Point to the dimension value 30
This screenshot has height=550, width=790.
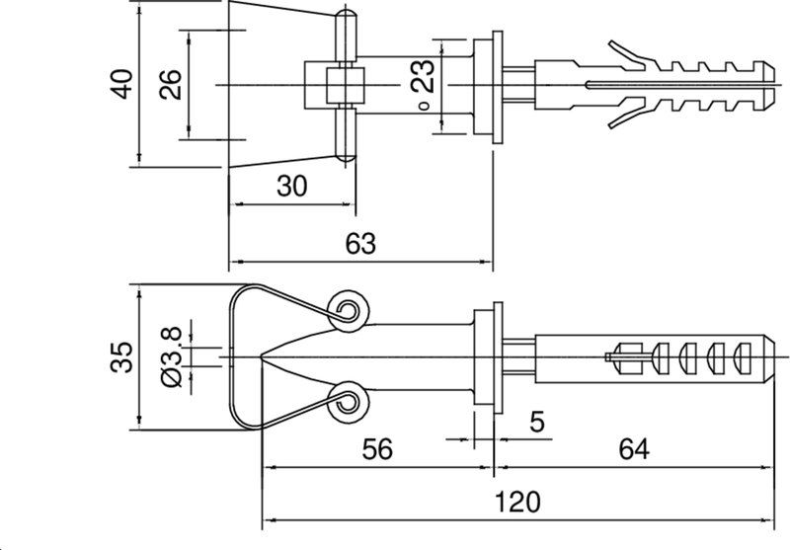(x=291, y=186)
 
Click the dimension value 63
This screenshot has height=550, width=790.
(x=361, y=246)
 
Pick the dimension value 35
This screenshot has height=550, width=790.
(x=121, y=357)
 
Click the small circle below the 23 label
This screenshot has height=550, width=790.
(x=423, y=107)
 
